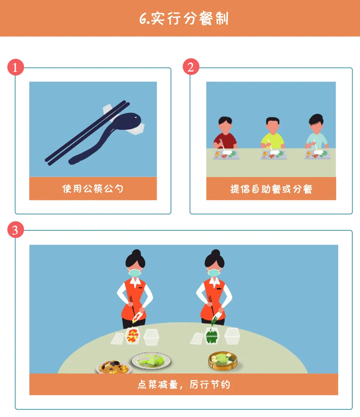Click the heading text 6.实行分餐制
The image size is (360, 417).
point(184,18)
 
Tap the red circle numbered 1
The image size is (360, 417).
point(15,67)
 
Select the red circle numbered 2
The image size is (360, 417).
point(191,67)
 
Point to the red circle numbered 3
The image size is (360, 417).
point(15,230)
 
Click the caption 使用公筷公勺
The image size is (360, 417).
point(93,188)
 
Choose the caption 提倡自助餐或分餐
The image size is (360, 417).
point(271,189)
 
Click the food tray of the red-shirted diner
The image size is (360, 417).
point(226,155)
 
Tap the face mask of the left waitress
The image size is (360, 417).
point(135,272)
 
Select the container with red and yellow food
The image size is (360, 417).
point(132,336)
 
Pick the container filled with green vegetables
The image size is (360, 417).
point(212,335)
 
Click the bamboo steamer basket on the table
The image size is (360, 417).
point(223,360)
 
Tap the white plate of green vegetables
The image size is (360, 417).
point(151,361)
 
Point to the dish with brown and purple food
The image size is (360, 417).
point(114,367)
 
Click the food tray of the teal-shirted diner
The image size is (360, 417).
point(318,155)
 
